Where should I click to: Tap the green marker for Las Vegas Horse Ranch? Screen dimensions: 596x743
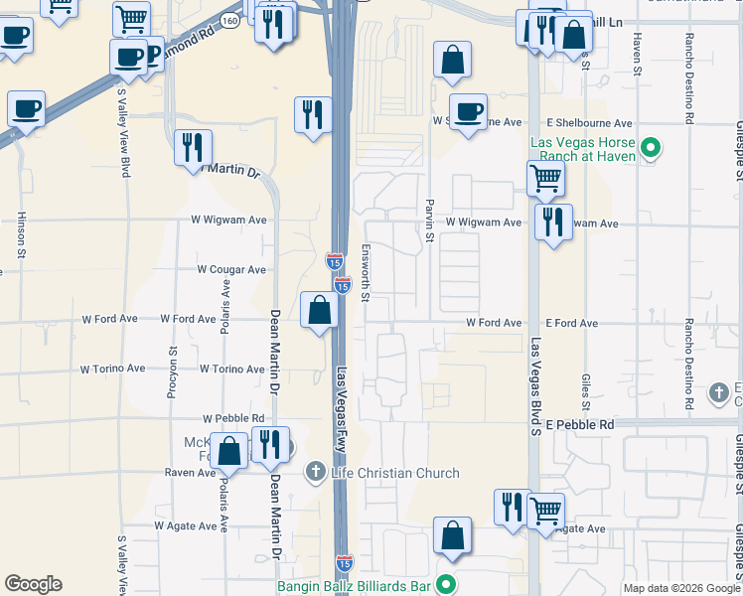tap(652, 150)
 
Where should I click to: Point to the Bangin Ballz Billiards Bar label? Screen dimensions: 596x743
tap(354, 586)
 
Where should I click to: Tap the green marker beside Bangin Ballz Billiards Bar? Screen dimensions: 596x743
tap(447, 585)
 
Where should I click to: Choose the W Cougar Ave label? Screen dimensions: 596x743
tap(231, 269)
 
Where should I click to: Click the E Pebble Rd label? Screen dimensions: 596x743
tap(580, 424)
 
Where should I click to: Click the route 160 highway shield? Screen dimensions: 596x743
tap(229, 22)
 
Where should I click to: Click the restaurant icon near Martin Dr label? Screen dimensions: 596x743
tap(192, 147)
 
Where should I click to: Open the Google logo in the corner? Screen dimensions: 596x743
tap(33, 584)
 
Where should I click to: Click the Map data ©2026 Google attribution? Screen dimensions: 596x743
tap(679, 588)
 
